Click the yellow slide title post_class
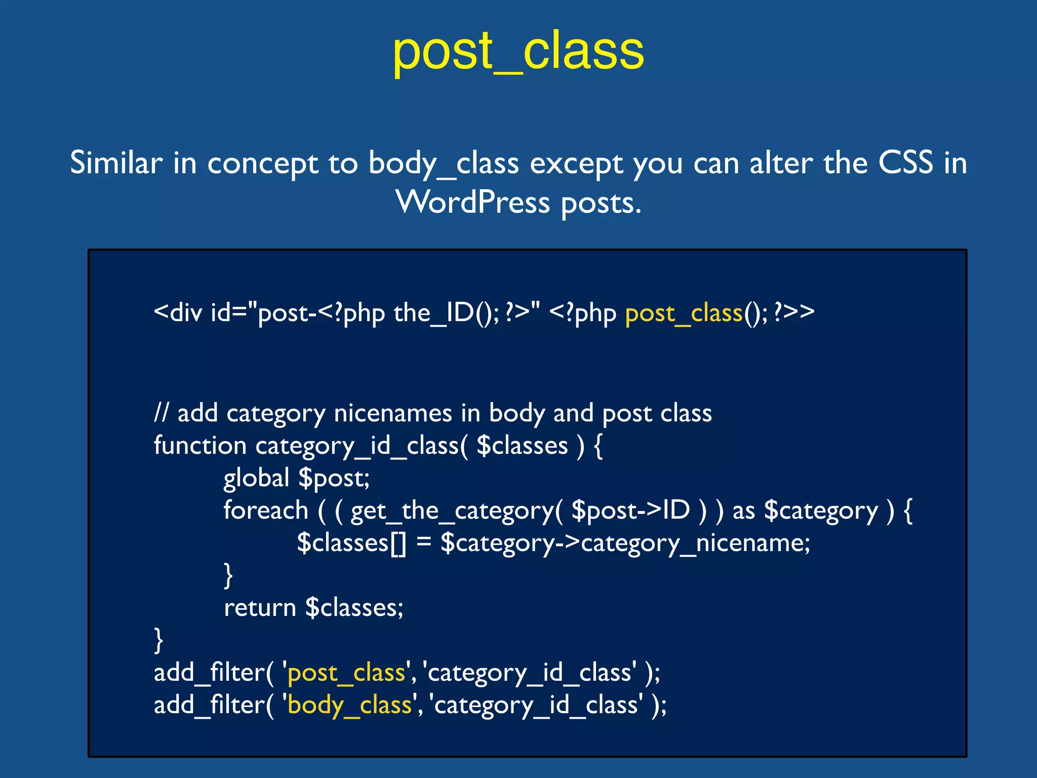tap(518, 51)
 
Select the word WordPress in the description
tap(472, 203)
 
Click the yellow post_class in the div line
tap(684, 313)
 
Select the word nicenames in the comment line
tap(392, 413)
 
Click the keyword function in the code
tap(200, 446)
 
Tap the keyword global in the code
tap(256, 478)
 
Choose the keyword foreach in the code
tap(266, 510)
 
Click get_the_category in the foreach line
tap(452, 511)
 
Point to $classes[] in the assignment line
tap(351, 543)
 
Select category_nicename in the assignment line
tap(695, 543)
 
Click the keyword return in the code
tap(260, 607)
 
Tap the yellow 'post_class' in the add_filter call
tap(346, 673)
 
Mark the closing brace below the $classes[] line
tap(228, 575)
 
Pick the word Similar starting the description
tap(116, 163)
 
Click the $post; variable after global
tap(334, 478)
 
